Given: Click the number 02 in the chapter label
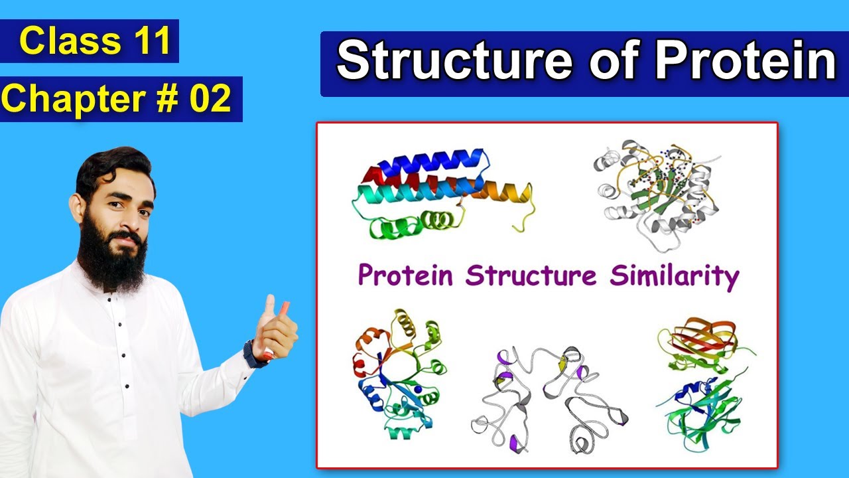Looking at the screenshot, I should click(210, 99).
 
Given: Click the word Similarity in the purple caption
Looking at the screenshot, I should click(674, 276).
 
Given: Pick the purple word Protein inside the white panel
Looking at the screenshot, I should click(407, 276).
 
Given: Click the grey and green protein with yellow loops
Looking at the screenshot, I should click(657, 193).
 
